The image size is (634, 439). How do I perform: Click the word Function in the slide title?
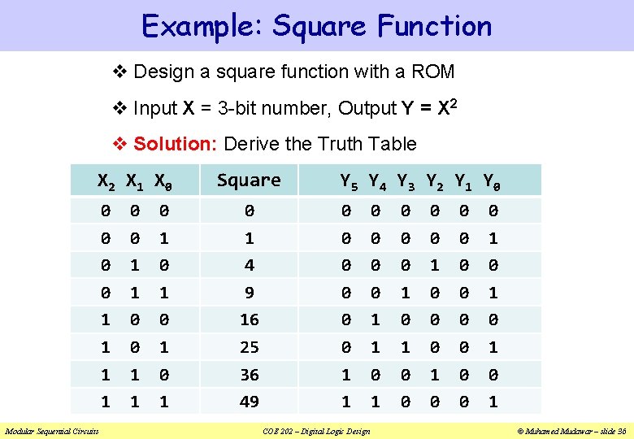[x=434, y=26]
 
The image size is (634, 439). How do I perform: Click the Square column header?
[x=249, y=180]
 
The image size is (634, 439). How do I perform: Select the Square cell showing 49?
[x=249, y=402]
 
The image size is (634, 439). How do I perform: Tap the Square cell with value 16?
[x=249, y=319]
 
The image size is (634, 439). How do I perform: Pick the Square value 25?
[x=249, y=347]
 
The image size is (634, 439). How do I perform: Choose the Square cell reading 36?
[x=249, y=375]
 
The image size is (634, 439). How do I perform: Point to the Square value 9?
[x=249, y=292]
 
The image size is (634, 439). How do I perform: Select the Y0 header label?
[x=492, y=181]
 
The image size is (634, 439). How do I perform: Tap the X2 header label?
[x=106, y=181]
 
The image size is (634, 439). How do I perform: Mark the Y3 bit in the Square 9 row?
[x=404, y=292]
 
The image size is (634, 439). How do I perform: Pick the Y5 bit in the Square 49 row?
[x=346, y=402]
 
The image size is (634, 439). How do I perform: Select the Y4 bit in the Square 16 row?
[x=376, y=319]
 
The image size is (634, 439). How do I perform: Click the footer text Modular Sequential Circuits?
[x=51, y=431]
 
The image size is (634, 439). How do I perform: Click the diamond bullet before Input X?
[x=119, y=108]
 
